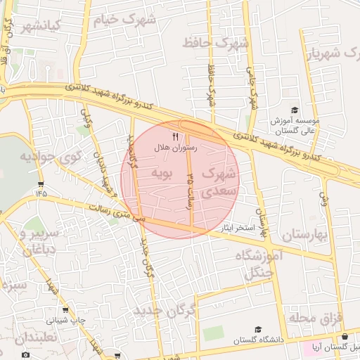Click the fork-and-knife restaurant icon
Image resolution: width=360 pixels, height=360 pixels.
pyautogui.click(x=175, y=136)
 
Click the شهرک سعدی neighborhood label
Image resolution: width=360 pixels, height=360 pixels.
pyautogui.click(x=219, y=181)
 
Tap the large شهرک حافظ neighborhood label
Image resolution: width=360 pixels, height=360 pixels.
pyautogui.click(x=215, y=44)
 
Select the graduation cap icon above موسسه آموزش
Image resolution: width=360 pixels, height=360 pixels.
pyautogui.click(x=294, y=110)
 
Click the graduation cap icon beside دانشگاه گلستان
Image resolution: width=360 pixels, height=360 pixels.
pyautogui.click(x=257, y=330)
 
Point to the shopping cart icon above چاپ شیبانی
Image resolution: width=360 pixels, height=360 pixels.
pyautogui.click(x=66, y=309)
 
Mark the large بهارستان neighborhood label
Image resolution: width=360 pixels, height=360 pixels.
pyautogui.click(x=304, y=235)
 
